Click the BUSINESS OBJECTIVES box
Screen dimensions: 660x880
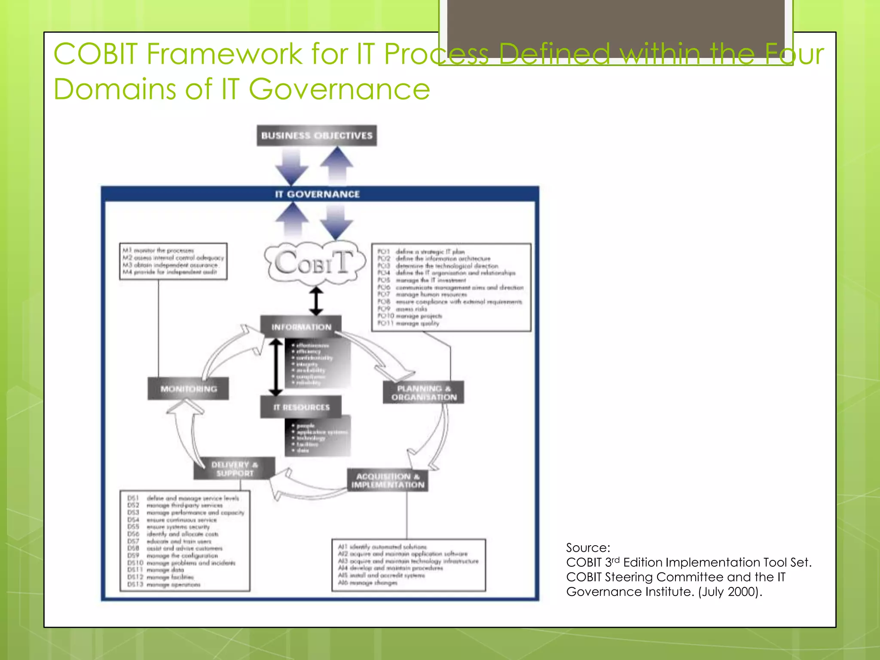tap(317, 136)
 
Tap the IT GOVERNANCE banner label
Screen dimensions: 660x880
tap(317, 194)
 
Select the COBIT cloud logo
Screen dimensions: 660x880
tap(315, 263)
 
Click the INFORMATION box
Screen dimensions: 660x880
tap(301, 327)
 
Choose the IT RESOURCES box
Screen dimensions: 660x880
tap(301, 407)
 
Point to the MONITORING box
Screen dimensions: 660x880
tap(188, 389)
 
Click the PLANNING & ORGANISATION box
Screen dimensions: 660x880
tap(423, 392)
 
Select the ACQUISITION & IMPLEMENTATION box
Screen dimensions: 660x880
tap(388, 480)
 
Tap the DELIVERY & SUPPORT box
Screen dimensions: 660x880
tap(234, 469)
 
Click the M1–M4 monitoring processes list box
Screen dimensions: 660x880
tap(173, 261)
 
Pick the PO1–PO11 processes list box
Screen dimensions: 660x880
tap(451, 287)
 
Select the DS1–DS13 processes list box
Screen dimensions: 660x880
tap(185, 541)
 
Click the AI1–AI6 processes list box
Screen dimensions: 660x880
tap(409, 565)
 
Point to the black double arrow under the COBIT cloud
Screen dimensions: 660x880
tap(316, 301)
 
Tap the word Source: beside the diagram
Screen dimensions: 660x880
tap(588, 548)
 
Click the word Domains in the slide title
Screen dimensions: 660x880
tap(115, 89)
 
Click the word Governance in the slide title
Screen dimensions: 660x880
tap(339, 89)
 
